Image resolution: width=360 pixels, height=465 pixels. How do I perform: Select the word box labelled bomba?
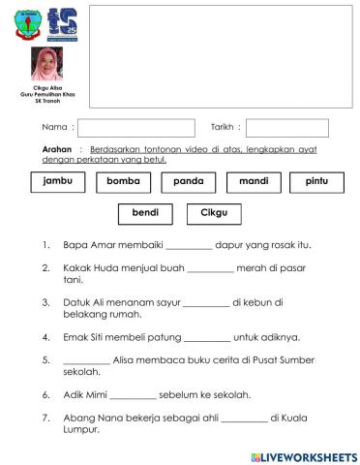pyautogui.click(x=123, y=181)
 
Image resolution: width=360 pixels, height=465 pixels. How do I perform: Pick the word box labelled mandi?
pyautogui.click(x=253, y=181)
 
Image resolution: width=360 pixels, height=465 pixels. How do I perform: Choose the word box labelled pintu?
pyautogui.click(x=316, y=181)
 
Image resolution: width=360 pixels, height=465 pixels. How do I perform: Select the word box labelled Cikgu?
pyautogui.click(x=214, y=213)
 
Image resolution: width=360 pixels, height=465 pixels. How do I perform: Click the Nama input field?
pyautogui.click(x=135, y=127)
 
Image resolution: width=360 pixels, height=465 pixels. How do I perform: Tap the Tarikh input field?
pyautogui.click(x=286, y=127)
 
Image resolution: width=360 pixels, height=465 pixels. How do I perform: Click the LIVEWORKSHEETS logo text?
pyautogui.click(x=303, y=455)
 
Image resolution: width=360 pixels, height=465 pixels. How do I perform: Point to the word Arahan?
pyautogui.click(x=57, y=149)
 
